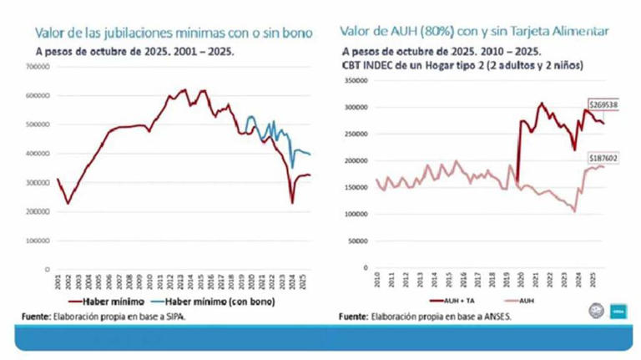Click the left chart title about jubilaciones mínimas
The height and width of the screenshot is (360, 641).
173,33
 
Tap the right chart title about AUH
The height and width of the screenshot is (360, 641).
473,31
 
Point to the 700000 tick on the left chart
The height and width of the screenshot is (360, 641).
36,88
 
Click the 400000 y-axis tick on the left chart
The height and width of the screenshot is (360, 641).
36,154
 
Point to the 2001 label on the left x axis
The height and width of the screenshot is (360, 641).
58,281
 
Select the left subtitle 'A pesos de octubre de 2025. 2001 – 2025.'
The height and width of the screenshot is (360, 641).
134,51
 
